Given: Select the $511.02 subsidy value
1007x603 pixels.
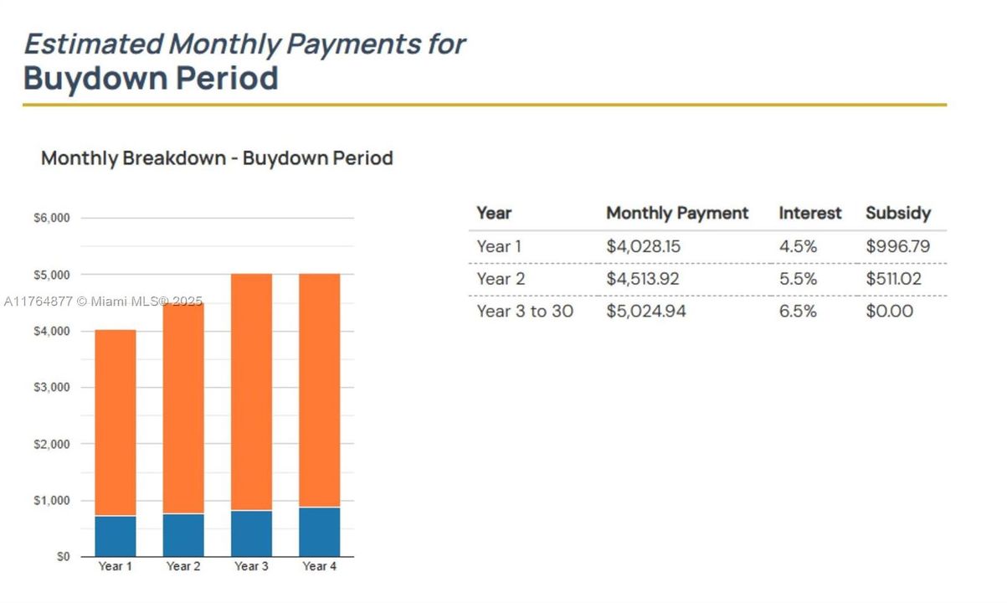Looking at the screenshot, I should click(x=893, y=279).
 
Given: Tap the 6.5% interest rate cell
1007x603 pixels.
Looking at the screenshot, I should click(x=798, y=312).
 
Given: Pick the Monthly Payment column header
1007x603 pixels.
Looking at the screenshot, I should click(x=677, y=213).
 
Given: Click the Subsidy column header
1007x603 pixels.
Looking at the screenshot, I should click(x=897, y=213).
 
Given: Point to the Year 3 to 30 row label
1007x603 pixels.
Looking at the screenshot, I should click(x=525, y=312).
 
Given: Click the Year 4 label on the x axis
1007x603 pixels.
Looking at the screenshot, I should click(x=319, y=567).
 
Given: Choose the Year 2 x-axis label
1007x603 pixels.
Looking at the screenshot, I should click(x=183, y=567).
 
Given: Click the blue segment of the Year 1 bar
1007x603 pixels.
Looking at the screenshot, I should click(x=116, y=536).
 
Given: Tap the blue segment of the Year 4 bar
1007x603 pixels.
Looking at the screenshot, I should click(x=319, y=532).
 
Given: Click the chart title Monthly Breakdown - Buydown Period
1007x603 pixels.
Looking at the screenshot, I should click(x=217, y=158).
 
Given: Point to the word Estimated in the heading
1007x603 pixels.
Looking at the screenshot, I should click(x=92, y=44).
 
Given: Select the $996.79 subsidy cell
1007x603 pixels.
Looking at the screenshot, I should click(x=897, y=247).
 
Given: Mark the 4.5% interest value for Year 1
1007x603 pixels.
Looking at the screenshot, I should click(x=798, y=247).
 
